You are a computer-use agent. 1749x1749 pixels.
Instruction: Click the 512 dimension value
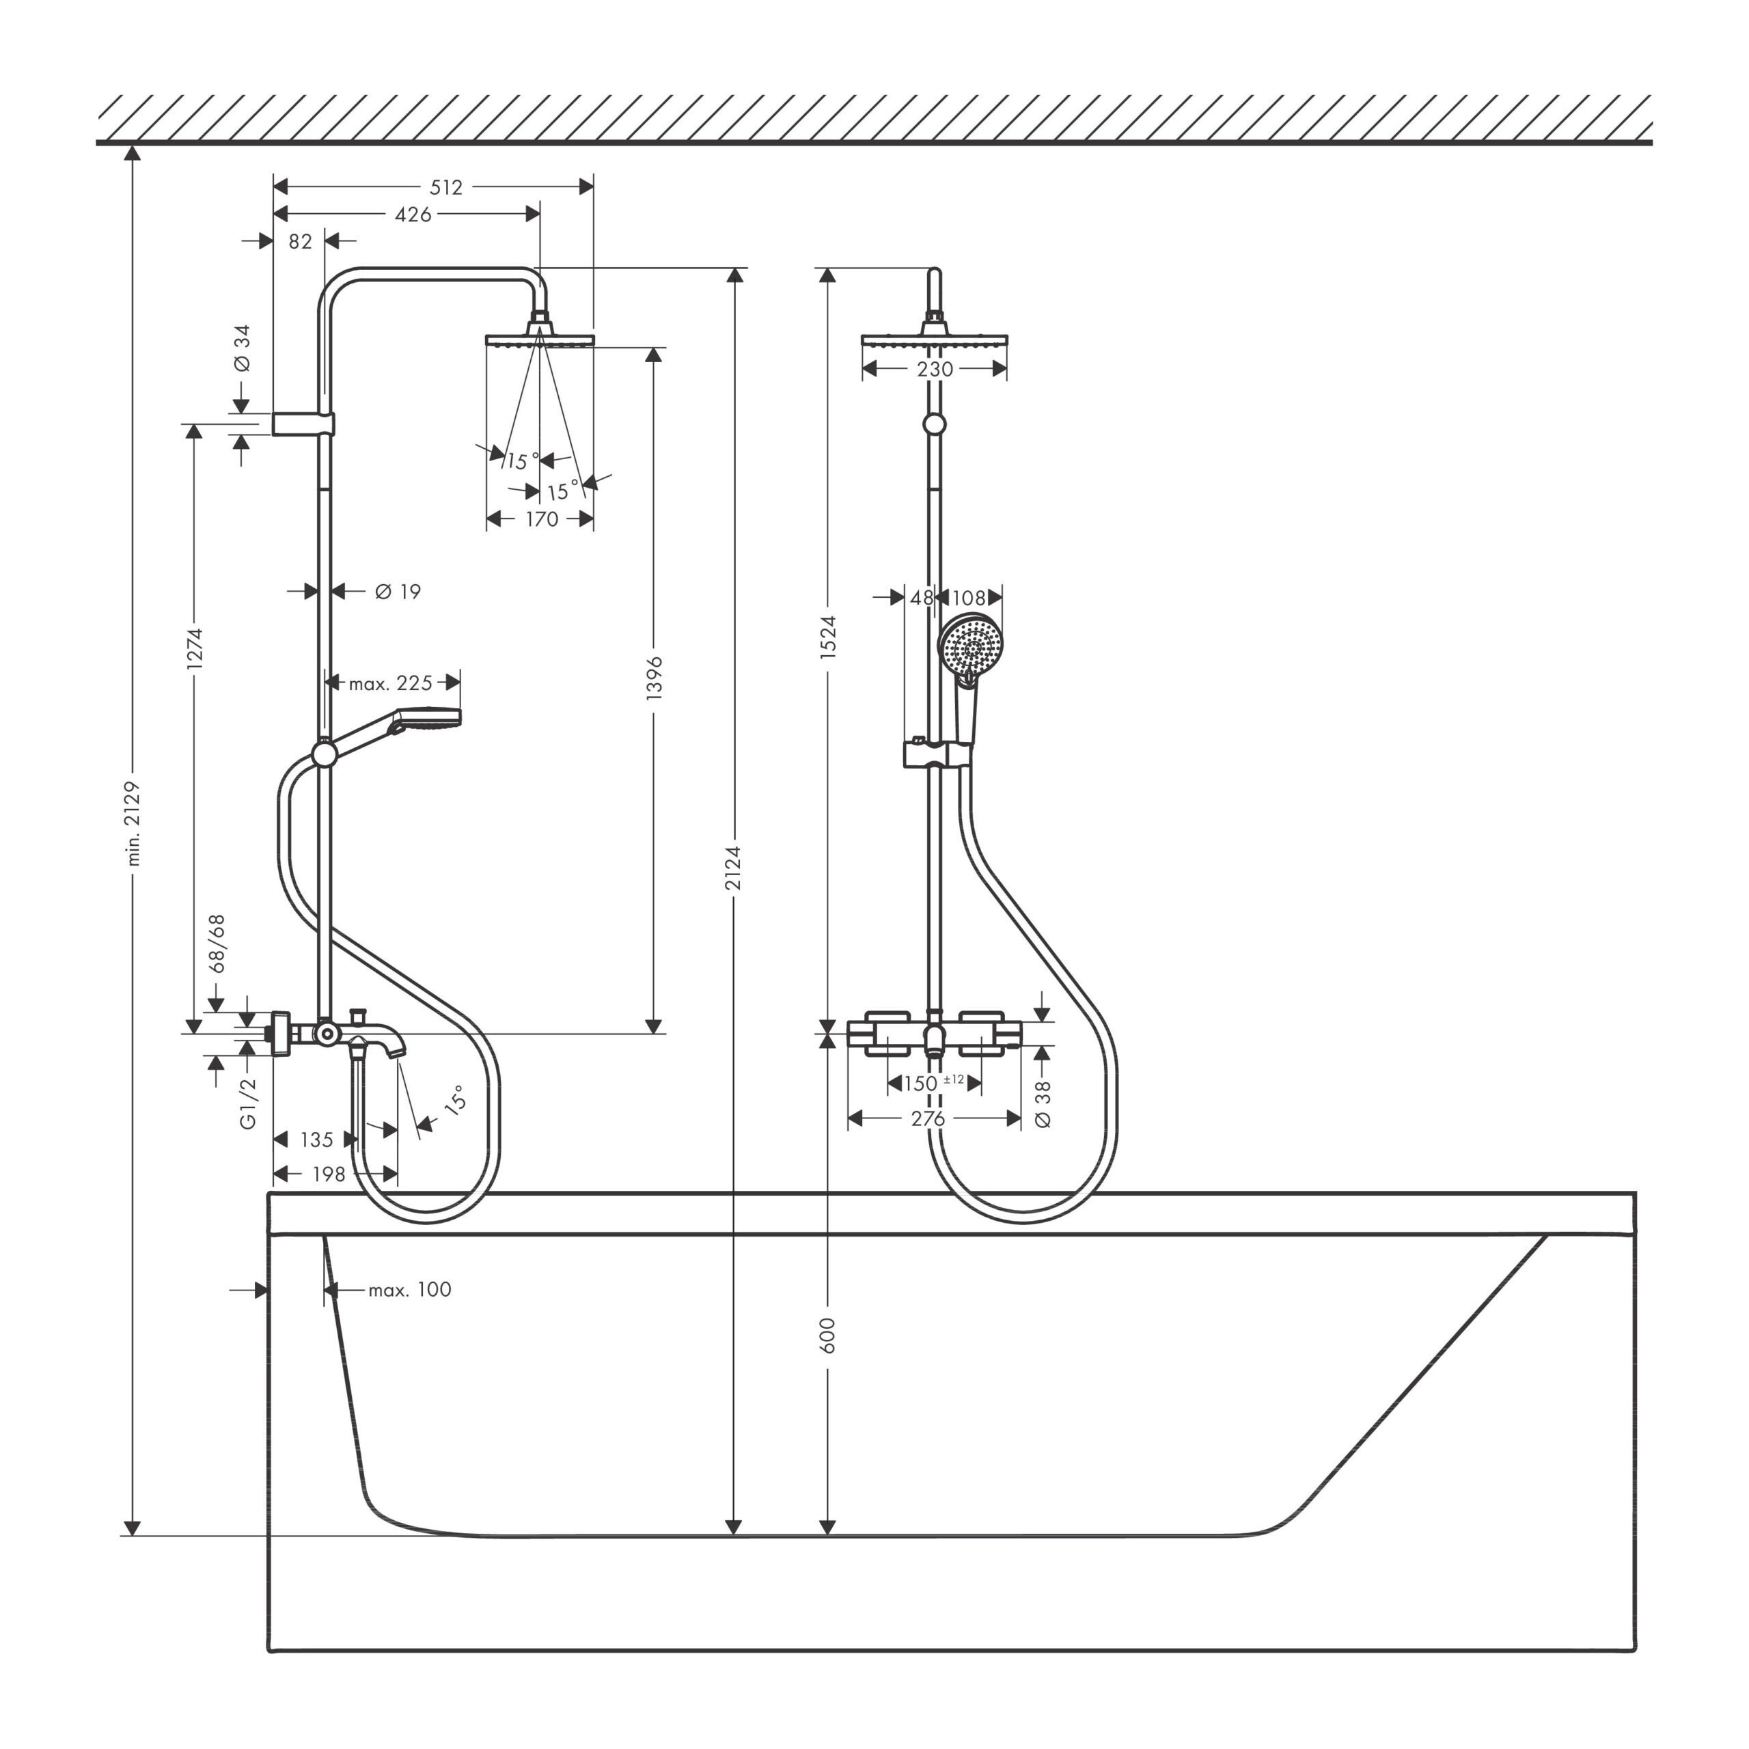[x=445, y=187]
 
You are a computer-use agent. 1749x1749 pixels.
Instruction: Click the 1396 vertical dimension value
[x=655, y=677]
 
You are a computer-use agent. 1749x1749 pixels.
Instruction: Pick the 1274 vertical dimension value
[x=195, y=648]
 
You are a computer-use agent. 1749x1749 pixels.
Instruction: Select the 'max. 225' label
[x=391, y=683]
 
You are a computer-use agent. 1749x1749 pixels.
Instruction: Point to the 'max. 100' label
[x=410, y=1289]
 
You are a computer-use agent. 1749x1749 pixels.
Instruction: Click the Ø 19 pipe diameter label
[x=398, y=591]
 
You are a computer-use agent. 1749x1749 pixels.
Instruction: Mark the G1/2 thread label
[x=248, y=1103]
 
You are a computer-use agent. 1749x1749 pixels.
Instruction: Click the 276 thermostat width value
[x=928, y=1119]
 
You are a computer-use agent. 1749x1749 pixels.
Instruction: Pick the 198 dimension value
[x=329, y=1174]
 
